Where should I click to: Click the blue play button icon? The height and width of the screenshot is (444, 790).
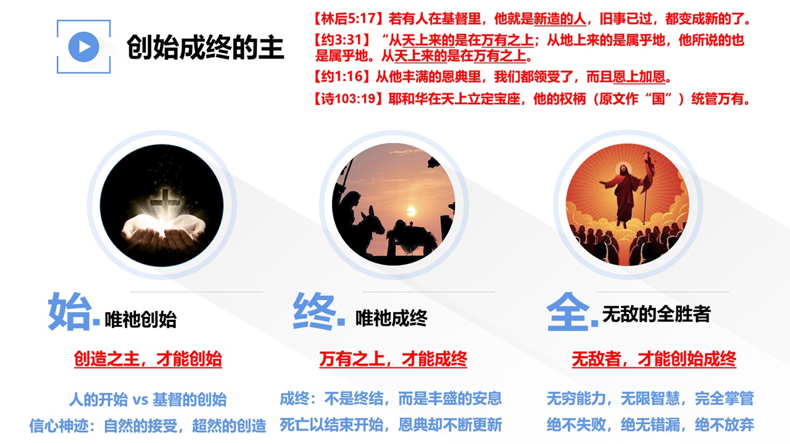point(83,47)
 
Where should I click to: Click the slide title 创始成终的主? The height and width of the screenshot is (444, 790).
point(206,47)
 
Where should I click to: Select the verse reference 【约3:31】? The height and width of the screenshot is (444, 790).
point(342,40)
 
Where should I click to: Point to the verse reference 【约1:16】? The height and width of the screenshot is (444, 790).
point(342,76)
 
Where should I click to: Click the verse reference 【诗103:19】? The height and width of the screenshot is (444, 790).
point(349,99)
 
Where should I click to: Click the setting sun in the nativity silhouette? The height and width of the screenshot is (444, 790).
point(411,211)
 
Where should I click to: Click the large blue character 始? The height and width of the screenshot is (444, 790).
point(70,311)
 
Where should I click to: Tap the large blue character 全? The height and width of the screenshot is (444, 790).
point(568,311)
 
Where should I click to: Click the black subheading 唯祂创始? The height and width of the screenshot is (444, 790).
point(141,319)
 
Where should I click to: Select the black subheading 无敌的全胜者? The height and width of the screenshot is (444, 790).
point(656,314)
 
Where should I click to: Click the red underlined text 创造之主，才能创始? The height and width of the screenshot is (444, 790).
point(148,359)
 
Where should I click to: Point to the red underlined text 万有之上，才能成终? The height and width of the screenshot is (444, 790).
point(393,359)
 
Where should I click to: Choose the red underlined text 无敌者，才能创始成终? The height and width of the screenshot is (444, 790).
point(654,359)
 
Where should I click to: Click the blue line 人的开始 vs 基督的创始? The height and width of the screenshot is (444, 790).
point(148,400)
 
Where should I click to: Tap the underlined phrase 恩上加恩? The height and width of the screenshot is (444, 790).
point(639,76)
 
